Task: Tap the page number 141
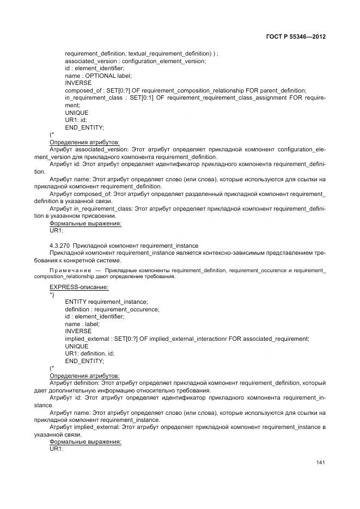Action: (x=321, y=463)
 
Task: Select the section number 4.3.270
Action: (x=59, y=246)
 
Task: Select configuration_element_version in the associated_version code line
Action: (x=164, y=61)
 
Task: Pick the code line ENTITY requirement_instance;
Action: (x=106, y=302)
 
